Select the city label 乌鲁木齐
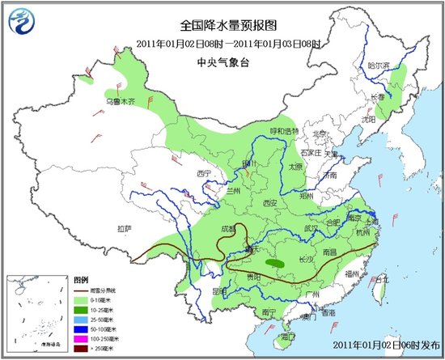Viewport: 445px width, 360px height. (x=123, y=101)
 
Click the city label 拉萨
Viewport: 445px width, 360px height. (x=124, y=229)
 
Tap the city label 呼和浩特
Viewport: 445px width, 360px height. (x=284, y=131)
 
